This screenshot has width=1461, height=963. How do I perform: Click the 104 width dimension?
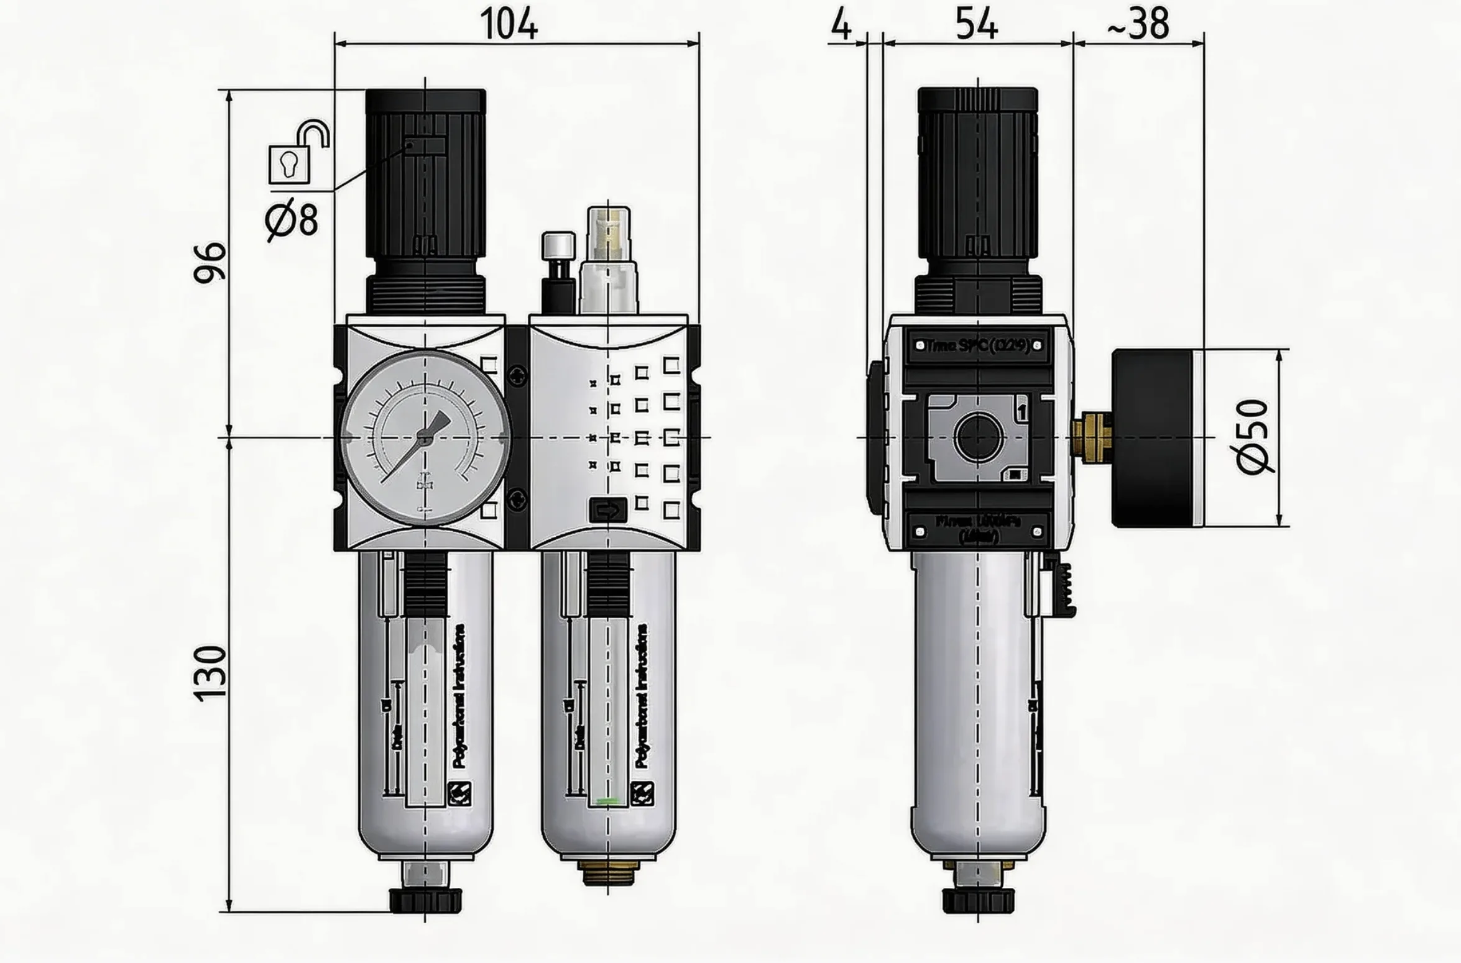point(509,25)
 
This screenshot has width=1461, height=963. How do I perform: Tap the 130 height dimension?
point(210,674)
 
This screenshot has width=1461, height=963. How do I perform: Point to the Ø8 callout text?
point(292,220)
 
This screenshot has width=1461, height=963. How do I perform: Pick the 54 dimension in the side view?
point(976,25)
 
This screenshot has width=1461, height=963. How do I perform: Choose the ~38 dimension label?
point(1138,25)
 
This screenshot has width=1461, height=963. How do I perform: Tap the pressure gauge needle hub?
point(425,439)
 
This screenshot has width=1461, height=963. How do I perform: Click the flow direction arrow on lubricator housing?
point(607,511)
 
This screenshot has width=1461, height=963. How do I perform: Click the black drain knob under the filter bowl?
point(425,901)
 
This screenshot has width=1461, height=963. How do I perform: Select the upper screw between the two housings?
point(517,375)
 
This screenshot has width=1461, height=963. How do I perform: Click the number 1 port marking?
point(1021,410)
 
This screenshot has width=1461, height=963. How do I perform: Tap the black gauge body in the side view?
point(1153,439)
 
